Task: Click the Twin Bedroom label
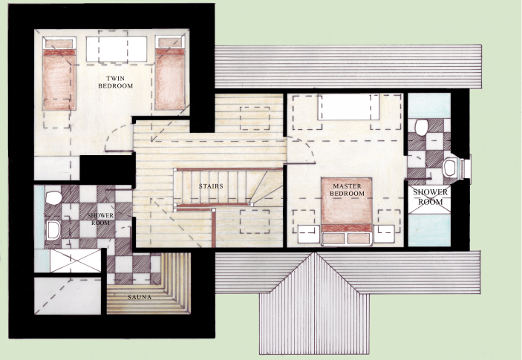coord(115,82)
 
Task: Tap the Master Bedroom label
coord(349,189)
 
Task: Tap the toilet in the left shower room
coord(52,198)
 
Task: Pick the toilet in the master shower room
coord(421,128)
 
